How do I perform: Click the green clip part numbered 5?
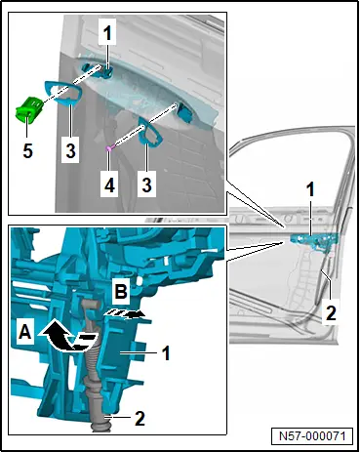(28, 109)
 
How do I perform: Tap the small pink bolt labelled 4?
(109, 148)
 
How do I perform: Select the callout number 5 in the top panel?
(28, 150)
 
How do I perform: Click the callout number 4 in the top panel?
(109, 185)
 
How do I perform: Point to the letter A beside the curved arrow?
(25, 333)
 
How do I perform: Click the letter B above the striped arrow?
(121, 292)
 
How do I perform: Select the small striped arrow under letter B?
(124, 314)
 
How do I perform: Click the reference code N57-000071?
(312, 436)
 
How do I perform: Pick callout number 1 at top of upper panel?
(107, 33)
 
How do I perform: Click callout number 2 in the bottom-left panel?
(140, 419)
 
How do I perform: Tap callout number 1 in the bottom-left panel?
(166, 353)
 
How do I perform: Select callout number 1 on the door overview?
(311, 189)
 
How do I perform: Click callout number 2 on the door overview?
(331, 312)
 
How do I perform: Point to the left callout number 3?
(70, 150)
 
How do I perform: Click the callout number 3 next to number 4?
(146, 185)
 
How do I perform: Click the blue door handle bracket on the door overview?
(313, 241)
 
